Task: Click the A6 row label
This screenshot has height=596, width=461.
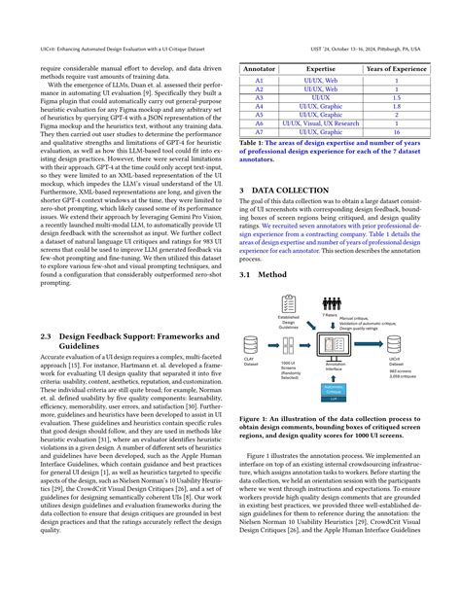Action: (259, 124)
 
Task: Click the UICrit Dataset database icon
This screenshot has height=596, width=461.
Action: (418, 339)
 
